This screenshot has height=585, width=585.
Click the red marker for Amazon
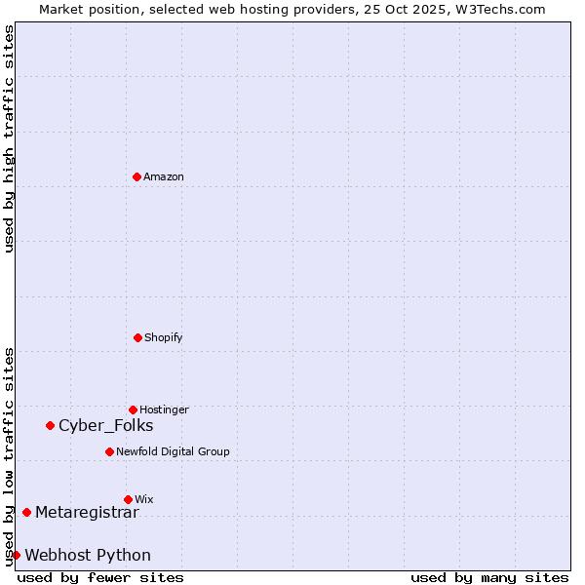[x=136, y=176]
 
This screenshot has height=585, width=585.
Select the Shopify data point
[x=137, y=337]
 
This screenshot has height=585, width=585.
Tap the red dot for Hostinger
[x=133, y=409]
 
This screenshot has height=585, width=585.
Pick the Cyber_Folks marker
[x=50, y=425]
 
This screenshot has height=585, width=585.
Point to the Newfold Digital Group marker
[x=109, y=451]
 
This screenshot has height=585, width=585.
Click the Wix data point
[x=128, y=499]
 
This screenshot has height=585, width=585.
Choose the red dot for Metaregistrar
[x=26, y=512]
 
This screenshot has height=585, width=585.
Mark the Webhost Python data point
[x=16, y=555]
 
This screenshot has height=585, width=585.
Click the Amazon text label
[x=164, y=176]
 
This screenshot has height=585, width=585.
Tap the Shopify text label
[x=164, y=337]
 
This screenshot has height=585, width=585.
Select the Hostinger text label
[x=164, y=409]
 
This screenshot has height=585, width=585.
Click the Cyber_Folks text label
[x=105, y=425]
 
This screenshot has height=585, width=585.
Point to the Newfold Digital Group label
[x=173, y=451]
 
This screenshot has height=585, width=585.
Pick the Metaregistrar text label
[x=87, y=512]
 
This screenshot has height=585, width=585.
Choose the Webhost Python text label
[x=88, y=555]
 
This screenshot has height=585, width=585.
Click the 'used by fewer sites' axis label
[x=100, y=577]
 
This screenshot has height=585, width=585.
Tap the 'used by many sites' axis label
[x=489, y=577]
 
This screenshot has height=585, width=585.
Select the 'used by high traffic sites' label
[x=9, y=138]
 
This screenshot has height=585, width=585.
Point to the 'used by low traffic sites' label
[x=9, y=455]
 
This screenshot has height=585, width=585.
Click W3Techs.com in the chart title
[x=497, y=9]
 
